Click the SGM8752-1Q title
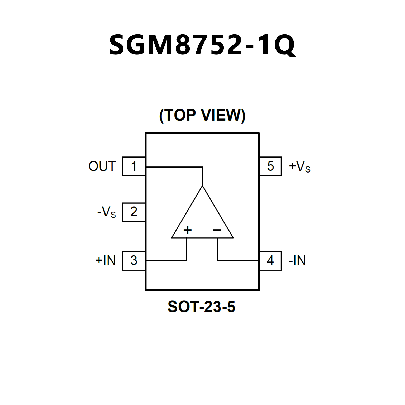(x=202, y=45)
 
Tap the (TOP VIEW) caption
(x=202, y=115)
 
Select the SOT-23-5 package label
(x=201, y=307)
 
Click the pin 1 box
(x=134, y=166)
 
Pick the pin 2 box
(x=134, y=212)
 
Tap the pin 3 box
(x=134, y=261)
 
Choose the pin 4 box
(x=270, y=261)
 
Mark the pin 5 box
(x=270, y=166)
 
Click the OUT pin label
(x=102, y=166)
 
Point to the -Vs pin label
(x=107, y=212)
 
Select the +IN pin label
(x=106, y=261)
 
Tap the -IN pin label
(x=297, y=261)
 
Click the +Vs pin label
(x=300, y=166)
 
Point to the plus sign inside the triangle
(x=188, y=230)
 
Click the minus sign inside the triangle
(x=217, y=230)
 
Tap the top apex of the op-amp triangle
(x=202, y=186)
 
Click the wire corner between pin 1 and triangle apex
(x=202, y=167)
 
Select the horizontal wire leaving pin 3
(x=166, y=260)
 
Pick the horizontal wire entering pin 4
(x=237, y=260)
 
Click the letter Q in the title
(x=285, y=45)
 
